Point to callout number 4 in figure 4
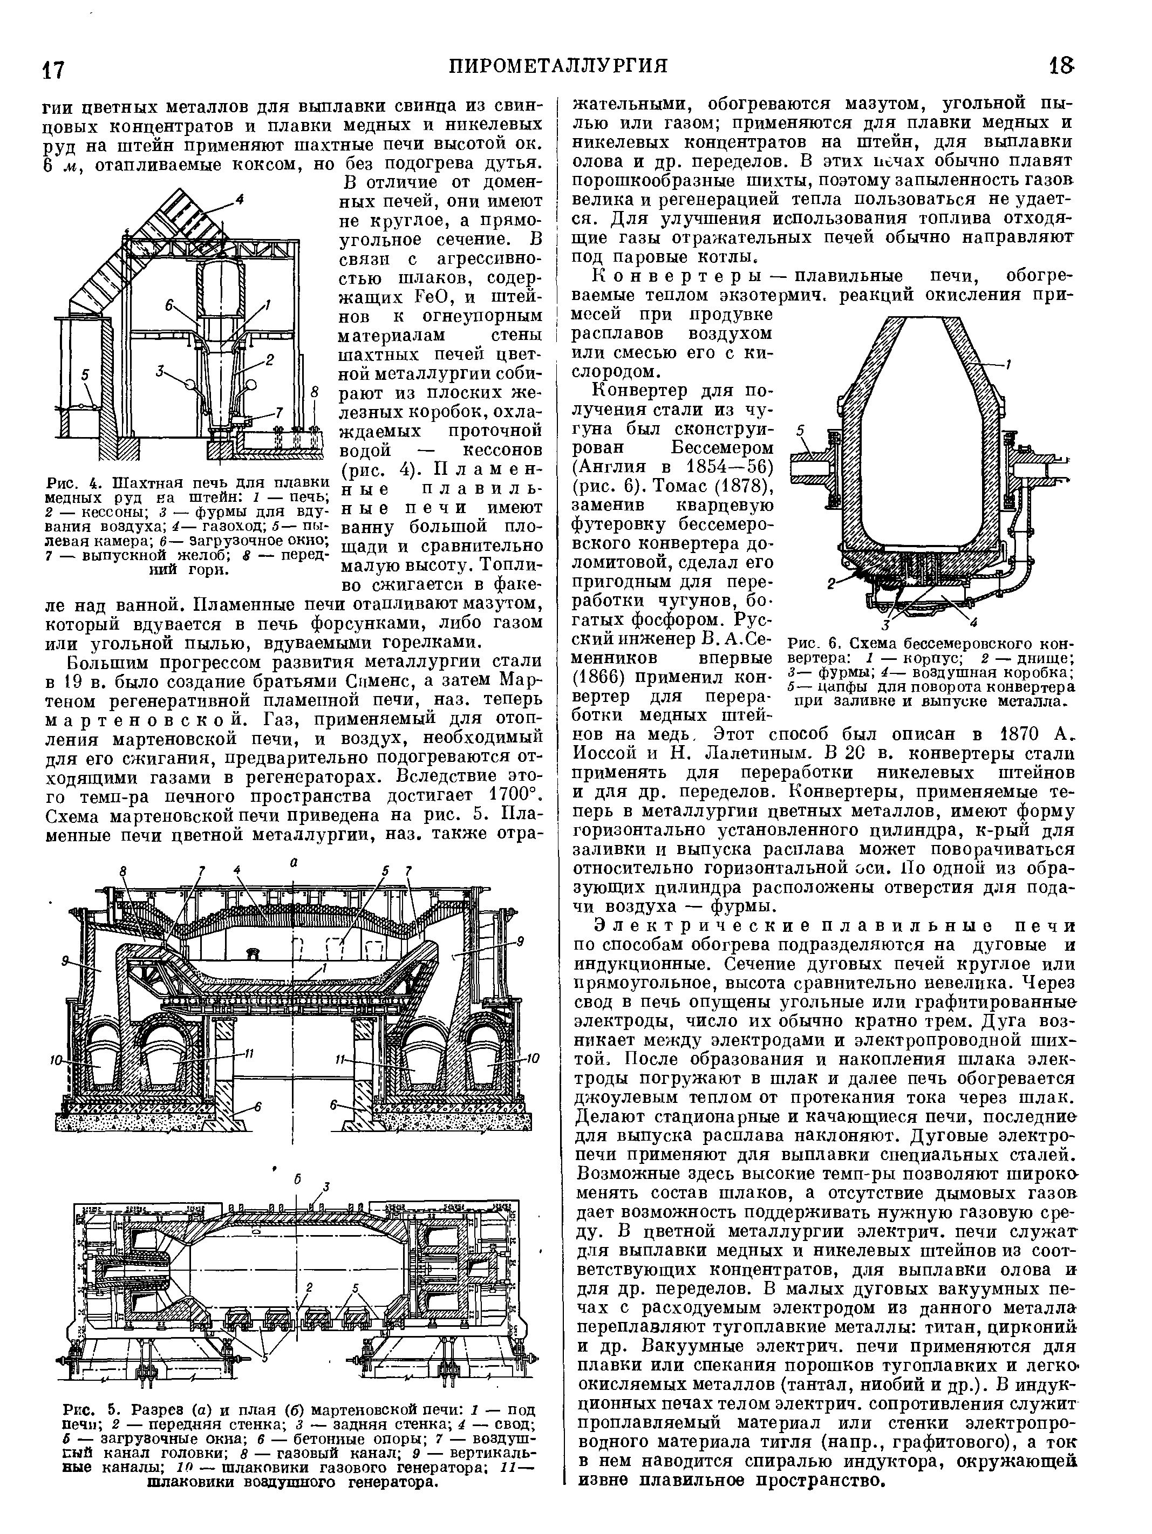coord(239,200)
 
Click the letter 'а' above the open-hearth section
coord(294,862)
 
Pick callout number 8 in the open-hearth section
coord(124,870)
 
